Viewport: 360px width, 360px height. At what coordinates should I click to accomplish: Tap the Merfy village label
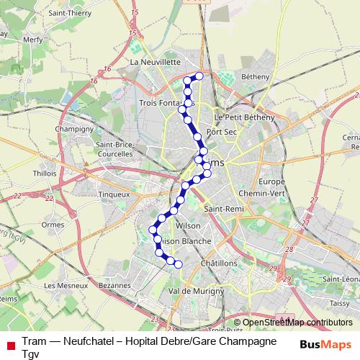coord(33,40)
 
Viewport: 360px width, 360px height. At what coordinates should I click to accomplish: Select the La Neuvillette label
coord(155,63)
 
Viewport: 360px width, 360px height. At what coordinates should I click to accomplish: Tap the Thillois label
coord(45,174)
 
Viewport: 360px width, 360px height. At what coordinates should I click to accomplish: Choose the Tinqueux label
coord(114,194)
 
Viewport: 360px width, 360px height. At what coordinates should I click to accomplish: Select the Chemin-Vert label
coord(262,194)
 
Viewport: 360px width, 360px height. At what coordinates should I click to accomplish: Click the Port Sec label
coord(220,132)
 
